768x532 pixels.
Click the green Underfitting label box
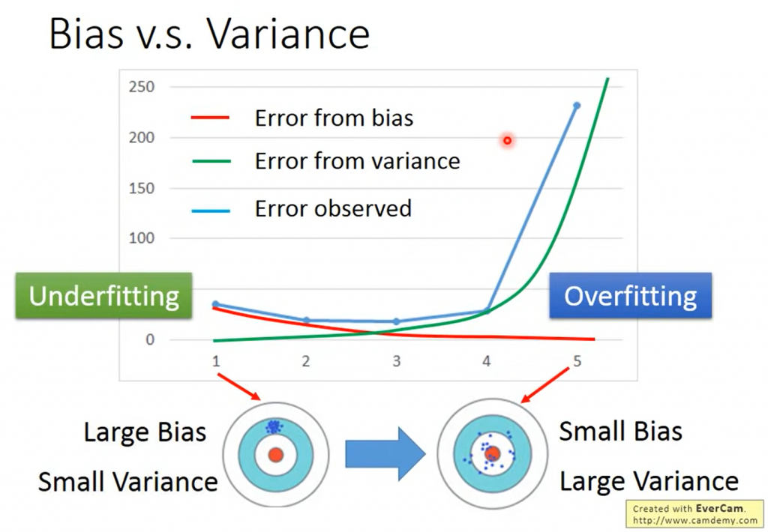tap(103, 296)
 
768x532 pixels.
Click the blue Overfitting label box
tap(630, 296)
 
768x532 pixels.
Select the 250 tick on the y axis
tap(142, 87)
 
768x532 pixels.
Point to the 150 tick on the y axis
tap(142, 188)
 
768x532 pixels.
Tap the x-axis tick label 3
tap(396, 361)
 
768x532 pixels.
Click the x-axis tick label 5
tap(577, 361)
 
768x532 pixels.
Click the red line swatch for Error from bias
tap(210, 118)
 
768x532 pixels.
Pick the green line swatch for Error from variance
tap(211, 161)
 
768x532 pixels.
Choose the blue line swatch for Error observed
tap(211, 211)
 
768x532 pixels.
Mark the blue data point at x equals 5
tap(577, 105)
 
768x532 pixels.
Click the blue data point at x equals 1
tap(215, 304)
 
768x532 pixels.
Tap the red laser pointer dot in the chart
tap(508, 140)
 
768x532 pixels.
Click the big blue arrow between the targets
tap(385, 453)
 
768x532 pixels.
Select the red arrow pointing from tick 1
tap(239, 387)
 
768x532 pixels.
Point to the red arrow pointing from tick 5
tap(544, 385)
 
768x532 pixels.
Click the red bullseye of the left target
tap(276, 455)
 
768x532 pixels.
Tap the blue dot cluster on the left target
tap(273, 427)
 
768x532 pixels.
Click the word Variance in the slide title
tap(288, 34)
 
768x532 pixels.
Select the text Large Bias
tap(145, 432)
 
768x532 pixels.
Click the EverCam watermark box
tap(694, 514)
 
